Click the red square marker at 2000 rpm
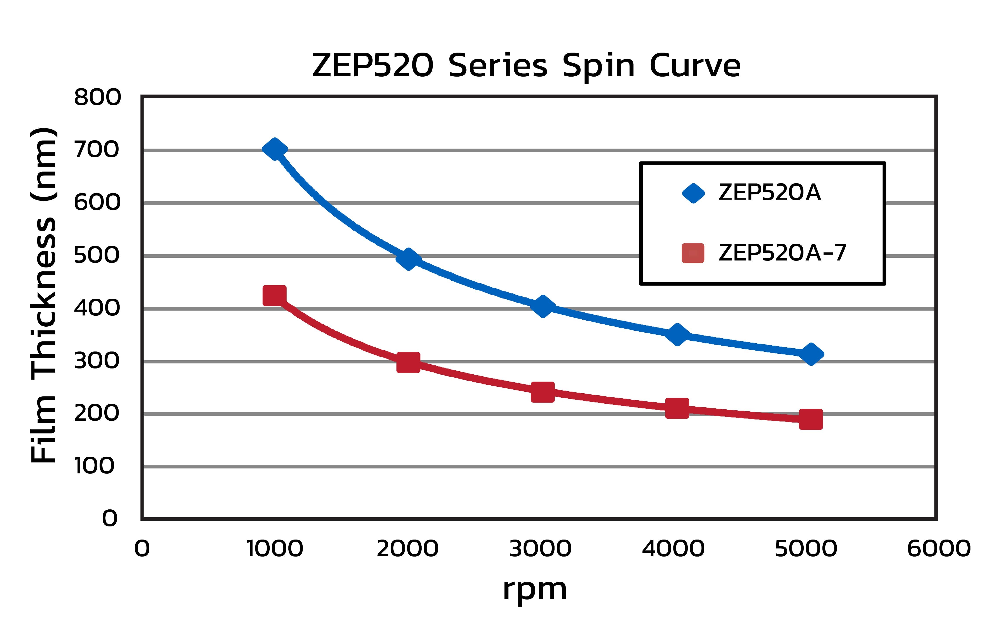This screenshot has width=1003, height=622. [408, 362]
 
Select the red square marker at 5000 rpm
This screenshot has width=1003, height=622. [811, 419]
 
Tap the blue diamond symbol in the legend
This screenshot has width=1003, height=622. [693, 193]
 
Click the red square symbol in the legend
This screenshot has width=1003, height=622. [693, 253]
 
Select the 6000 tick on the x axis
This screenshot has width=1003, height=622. [939, 548]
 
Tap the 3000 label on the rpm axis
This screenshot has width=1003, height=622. [540, 548]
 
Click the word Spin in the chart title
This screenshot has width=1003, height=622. [598, 66]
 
